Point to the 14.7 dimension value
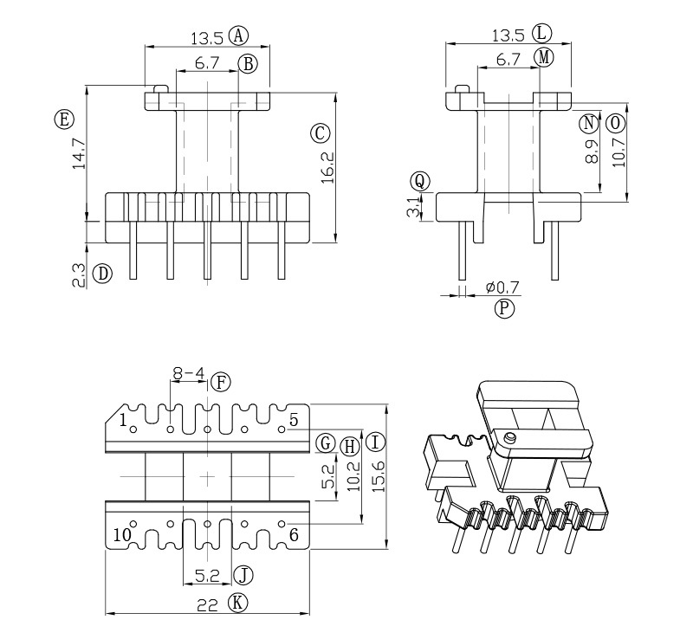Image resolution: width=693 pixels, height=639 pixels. [79, 152]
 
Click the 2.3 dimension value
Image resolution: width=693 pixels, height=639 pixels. [79, 275]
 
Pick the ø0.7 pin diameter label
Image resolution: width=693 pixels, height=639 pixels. [503, 287]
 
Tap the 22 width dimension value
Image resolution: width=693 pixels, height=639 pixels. [206, 604]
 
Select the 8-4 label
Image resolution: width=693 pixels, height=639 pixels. [189, 375]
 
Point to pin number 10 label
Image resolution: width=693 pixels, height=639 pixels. [122, 534]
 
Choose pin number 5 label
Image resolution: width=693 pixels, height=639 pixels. [294, 420]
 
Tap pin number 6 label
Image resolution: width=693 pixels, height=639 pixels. [294, 534]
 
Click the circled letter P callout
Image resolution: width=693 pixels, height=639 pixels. [503, 308]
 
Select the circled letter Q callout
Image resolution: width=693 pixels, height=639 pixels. [420, 180]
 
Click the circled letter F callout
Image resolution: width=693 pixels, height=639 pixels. [222, 381]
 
